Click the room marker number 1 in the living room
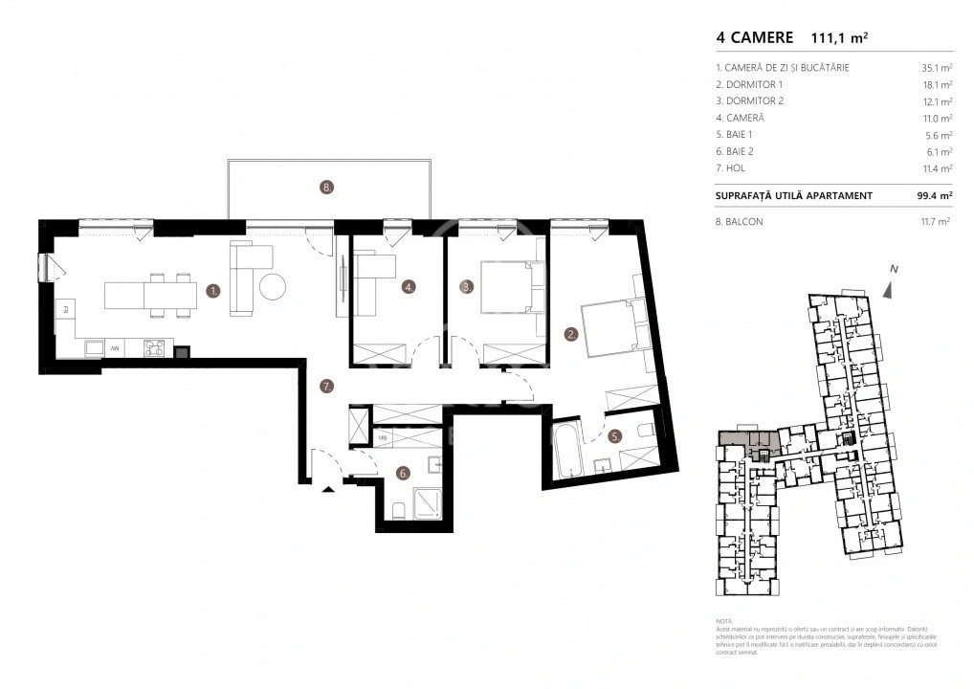(x=213, y=288)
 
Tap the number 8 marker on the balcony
(x=327, y=189)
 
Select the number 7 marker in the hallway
(x=326, y=387)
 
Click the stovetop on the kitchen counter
(x=155, y=348)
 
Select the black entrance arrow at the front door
(x=328, y=489)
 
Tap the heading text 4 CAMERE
(x=754, y=38)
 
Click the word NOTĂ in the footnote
(x=725, y=622)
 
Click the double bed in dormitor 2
(x=507, y=287)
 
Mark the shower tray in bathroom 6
(x=420, y=502)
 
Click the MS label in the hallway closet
(x=383, y=438)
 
